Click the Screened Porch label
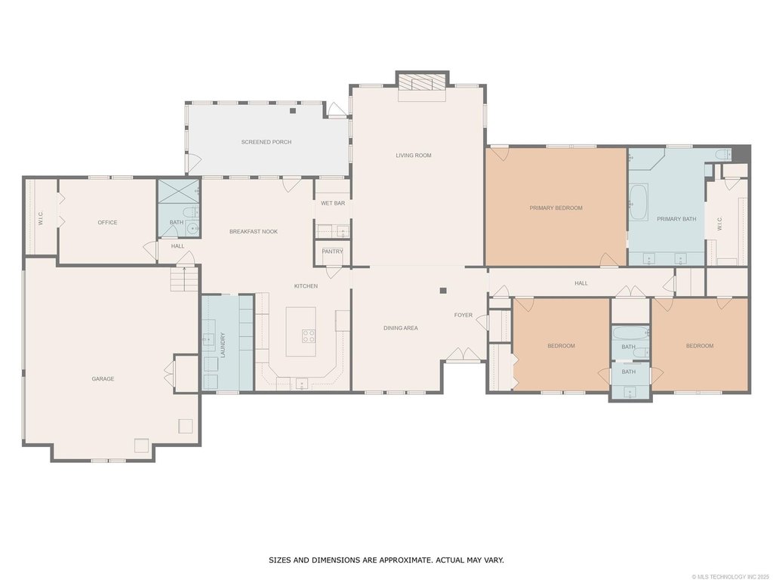(x=266, y=142)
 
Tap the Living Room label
(x=414, y=156)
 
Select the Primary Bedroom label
(x=556, y=208)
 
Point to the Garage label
(x=103, y=379)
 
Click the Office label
(x=107, y=223)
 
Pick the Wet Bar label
(x=333, y=203)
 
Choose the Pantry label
(x=332, y=251)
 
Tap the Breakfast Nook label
(x=254, y=231)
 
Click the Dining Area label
(x=401, y=328)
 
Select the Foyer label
(x=463, y=315)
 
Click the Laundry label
(x=223, y=345)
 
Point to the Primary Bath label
(x=676, y=219)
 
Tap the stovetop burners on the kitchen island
(x=309, y=336)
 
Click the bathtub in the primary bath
(x=639, y=202)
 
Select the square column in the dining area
(x=443, y=291)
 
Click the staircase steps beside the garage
(x=185, y=279)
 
